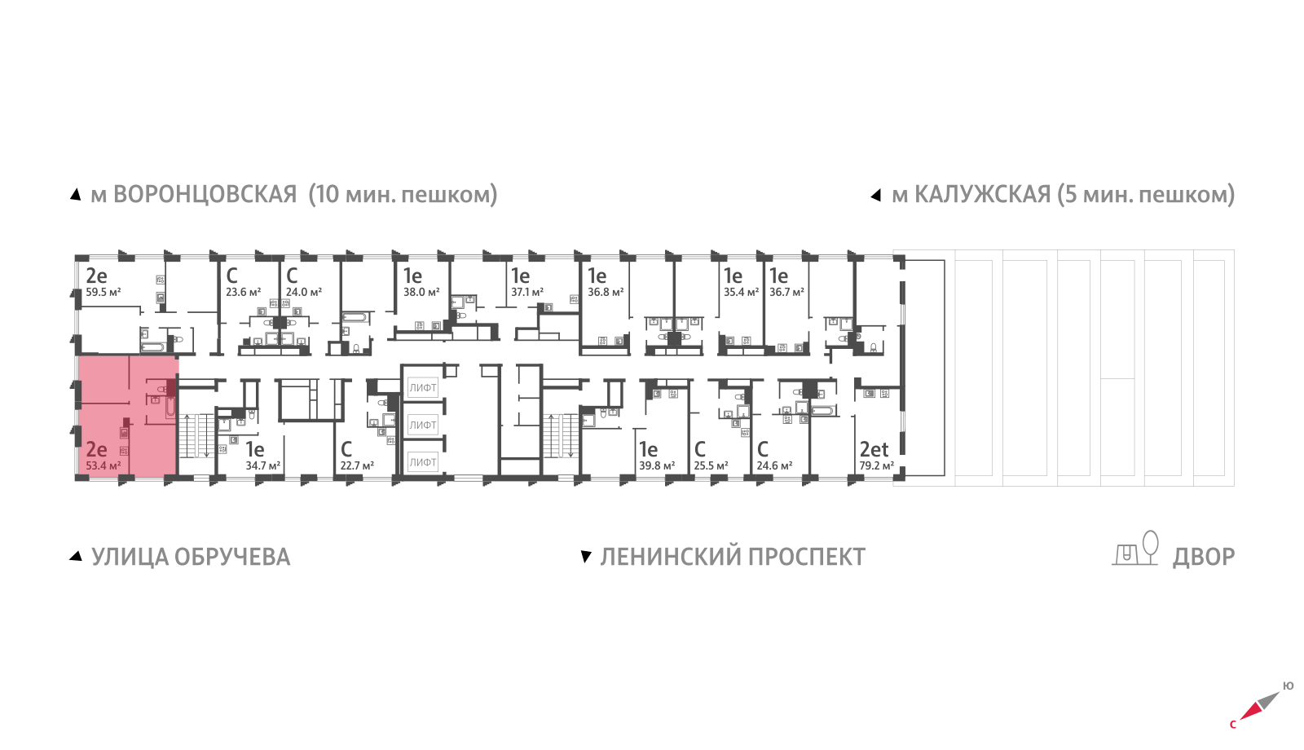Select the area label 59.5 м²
click(x=104, y=292)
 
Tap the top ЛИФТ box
click(x=423, y=388)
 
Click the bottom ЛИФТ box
click(x=423, y=462)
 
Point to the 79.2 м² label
click(x=876, y=466)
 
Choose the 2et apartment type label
click(x=874, y=449)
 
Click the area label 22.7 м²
click(x=357, y=466)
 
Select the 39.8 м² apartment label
click(x=657, y=466)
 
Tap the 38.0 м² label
click(x=421, y=292)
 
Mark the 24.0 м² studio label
click(x=303, y=292)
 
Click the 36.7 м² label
click(x=786, y=292)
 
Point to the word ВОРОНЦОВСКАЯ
click(x=205, y=195)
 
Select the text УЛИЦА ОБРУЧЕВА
click(x=191, y=557)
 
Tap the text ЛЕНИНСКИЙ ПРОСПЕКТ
click(x=733, y=557)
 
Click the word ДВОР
click(x=1204, y=557)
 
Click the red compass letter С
click(x=1233, y=724)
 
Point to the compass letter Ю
click(x=1288, y=686)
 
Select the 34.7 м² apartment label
click(x=262, y=466)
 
